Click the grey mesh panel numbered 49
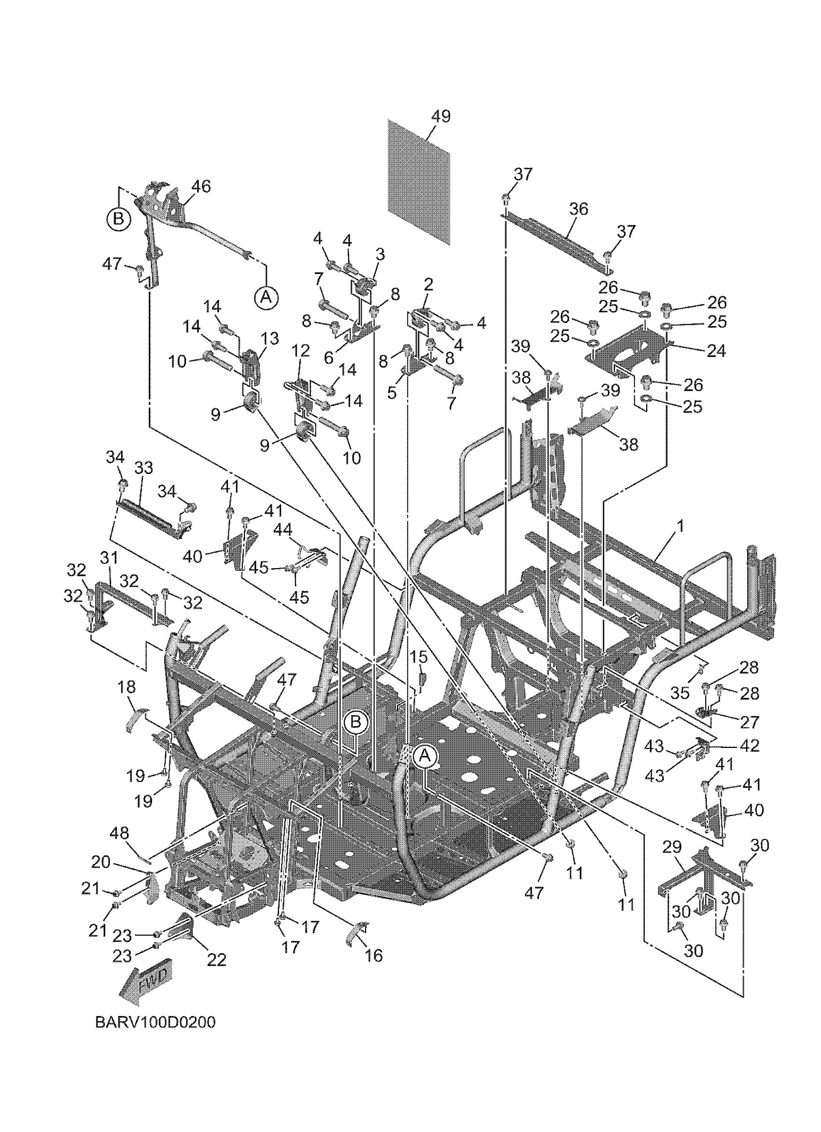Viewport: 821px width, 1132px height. point(419,183)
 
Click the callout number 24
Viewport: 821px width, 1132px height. point(716,351)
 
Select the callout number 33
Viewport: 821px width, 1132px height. point(143,468)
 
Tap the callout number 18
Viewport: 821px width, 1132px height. point(126,687)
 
